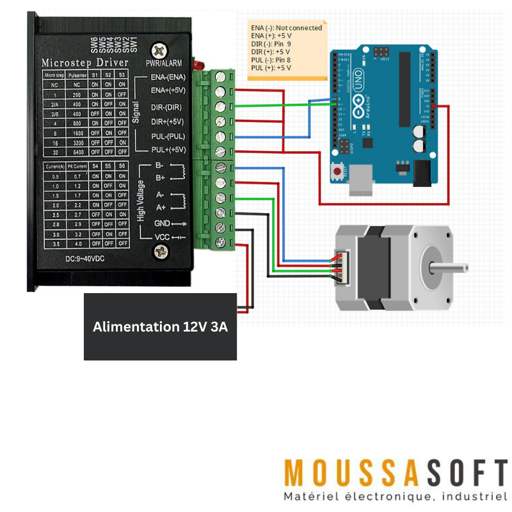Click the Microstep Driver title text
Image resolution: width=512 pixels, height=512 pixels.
(x=84, y=63)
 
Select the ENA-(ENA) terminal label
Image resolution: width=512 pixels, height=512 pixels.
(x=167, y=77)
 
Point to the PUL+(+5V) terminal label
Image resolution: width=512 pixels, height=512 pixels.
(x=167, y=150)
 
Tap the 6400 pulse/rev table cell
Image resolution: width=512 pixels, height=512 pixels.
(x=77, y=153)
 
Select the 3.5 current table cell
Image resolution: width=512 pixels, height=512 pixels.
(x=55, y=244)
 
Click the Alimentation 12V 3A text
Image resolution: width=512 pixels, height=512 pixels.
(x=161, y=326)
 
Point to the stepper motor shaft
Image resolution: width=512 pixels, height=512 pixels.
(x=451, y=264)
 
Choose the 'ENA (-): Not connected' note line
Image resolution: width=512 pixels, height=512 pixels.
(x=286, y=28)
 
